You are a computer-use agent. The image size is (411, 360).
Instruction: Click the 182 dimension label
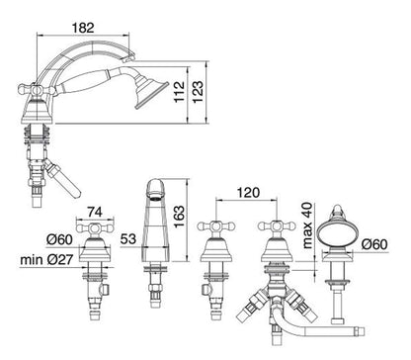pyautogui.click(x=83, y=28)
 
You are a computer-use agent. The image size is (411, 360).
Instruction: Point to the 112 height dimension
pyautogui.click(x=180, y=92)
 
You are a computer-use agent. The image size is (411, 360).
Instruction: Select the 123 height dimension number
pyautogui.click(x=198, y=92)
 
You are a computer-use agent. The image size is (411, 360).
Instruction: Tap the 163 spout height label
pyautogui.click(x=180, y=217)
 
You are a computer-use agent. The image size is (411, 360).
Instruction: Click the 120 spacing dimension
pyautogui.click(x=248, y=192)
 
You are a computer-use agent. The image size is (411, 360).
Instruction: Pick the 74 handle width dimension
pyautogui.click(x=95, y=212)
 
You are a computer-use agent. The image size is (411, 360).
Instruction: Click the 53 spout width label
pyautogui.click(x=128, y=238)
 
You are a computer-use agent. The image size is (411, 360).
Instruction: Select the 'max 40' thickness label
pyautogui.click(x=307, y=225)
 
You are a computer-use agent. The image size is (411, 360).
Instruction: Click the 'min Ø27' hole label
pyautogui.click(x=46, y=260)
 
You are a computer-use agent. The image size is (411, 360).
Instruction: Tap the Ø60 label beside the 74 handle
pyautogui.click(x=59, y=239)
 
